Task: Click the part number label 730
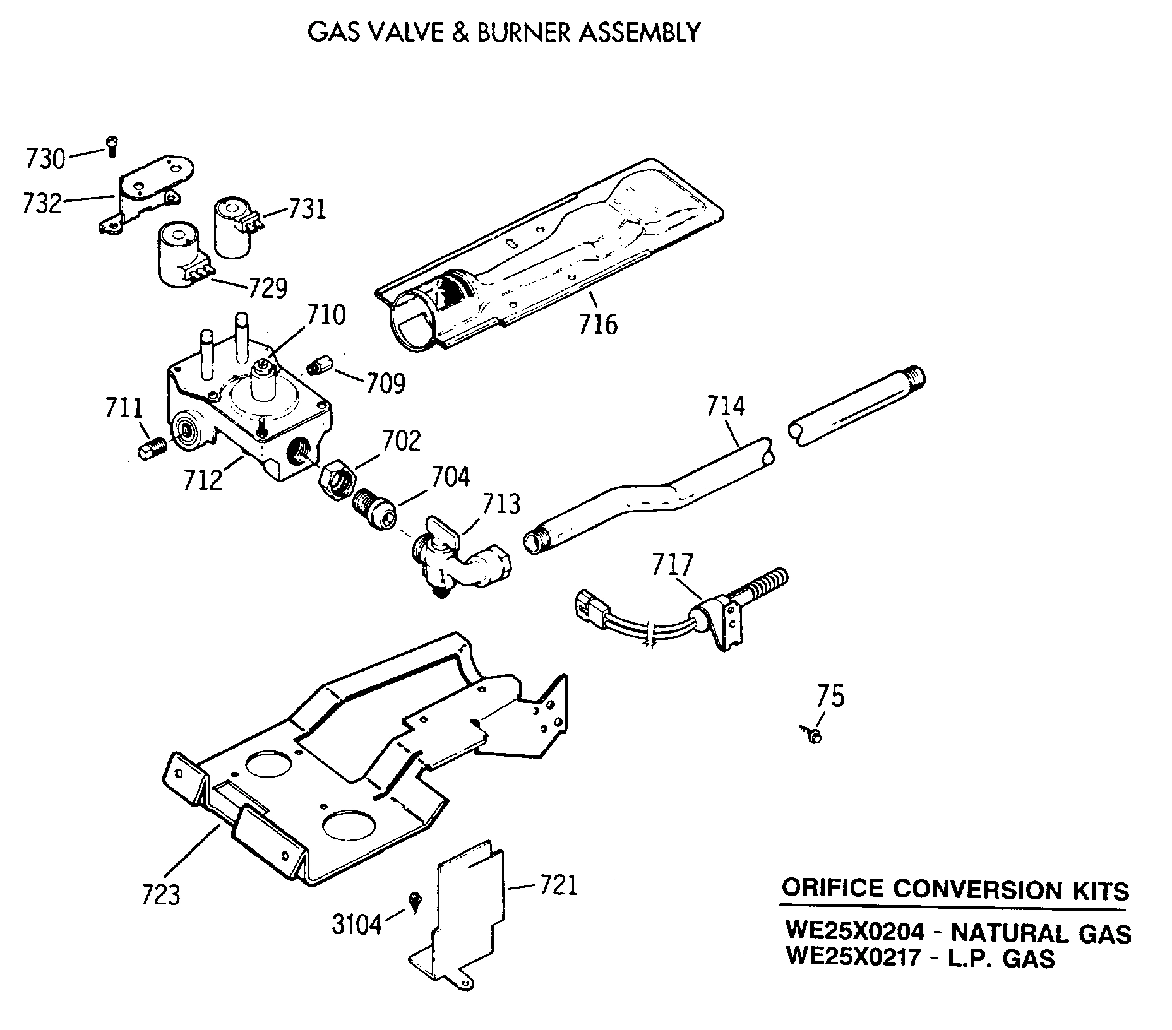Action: (x=45, y=158)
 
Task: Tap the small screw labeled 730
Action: (x=112, y=146)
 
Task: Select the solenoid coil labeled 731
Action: (x=233, y=227)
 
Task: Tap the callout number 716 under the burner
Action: (x=597, y=324)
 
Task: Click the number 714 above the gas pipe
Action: (x=725, y=406)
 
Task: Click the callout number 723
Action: (x=160, y=894)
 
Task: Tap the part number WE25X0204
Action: (x=854, y=932)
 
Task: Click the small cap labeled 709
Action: (x=318, y=365)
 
